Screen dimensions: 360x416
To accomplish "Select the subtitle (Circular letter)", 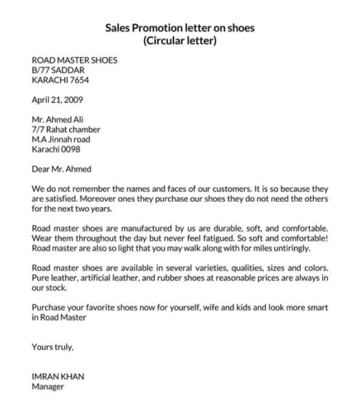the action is pyautogui.click(x=180, y=40).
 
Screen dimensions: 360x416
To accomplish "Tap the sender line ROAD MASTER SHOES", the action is pyautogui.click(x=74, y=60).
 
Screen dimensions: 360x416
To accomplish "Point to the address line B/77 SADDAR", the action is pyautogui.click(x=58, y=70).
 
